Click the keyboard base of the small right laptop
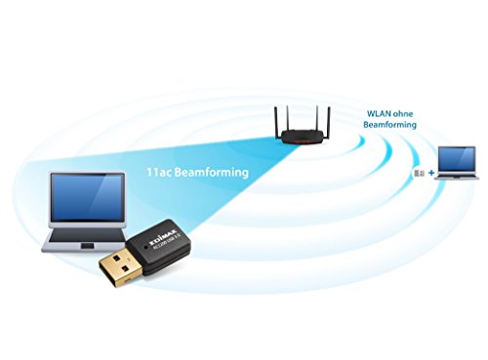click(x=455, y=180)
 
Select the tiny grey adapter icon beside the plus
click(x=420, y=173)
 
